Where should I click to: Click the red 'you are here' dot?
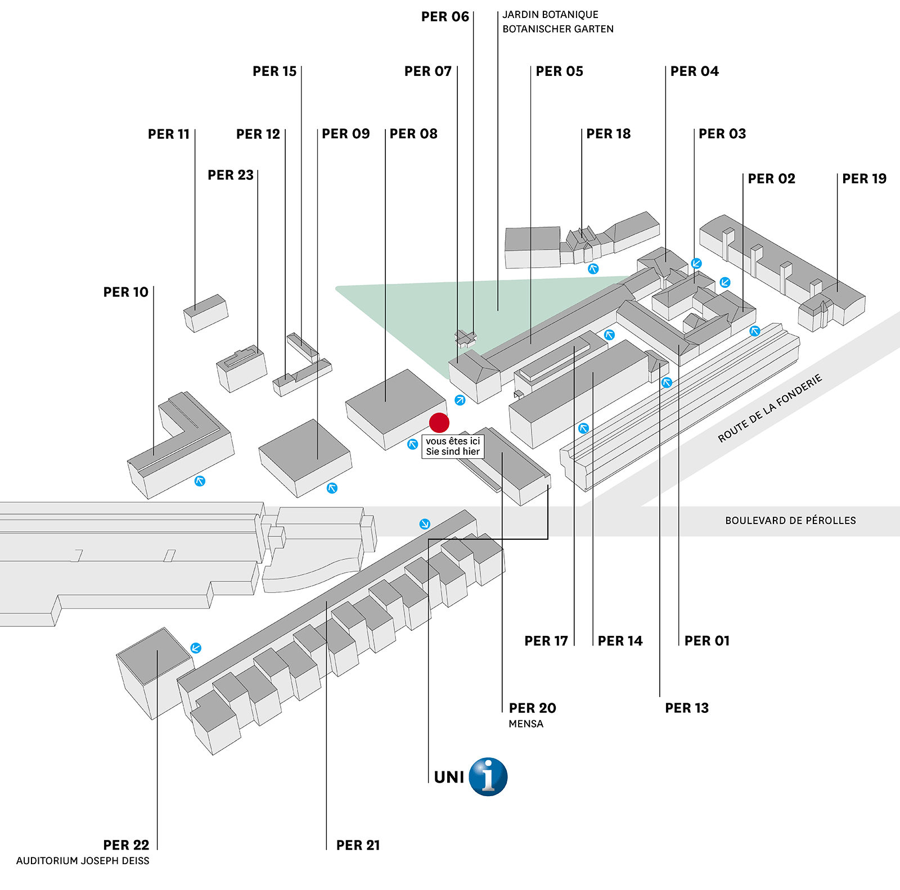click(439, 422)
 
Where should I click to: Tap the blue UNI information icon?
click(488, 776)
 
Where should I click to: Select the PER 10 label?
click(125, 292)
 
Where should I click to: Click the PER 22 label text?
click(126, 845)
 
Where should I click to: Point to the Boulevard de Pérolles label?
click(790, 521)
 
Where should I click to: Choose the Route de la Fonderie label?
click(769, 408)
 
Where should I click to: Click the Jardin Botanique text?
click(550, 15)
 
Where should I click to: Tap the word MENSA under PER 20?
click(526, 724)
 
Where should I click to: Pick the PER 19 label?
click(864, 179)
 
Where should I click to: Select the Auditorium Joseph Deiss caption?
click(83, 861)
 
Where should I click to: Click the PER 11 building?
click(206, 313)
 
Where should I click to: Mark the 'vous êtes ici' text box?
click(453, 446)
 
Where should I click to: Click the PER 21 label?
click(358, 845)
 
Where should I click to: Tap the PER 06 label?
click(445, 17)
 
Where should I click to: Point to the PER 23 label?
click(231, 175)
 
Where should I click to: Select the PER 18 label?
click(609, 134)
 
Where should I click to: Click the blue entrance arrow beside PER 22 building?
click(196, 648)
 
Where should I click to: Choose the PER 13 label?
click(687, 708)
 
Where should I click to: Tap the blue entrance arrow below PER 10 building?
click(200, 481)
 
